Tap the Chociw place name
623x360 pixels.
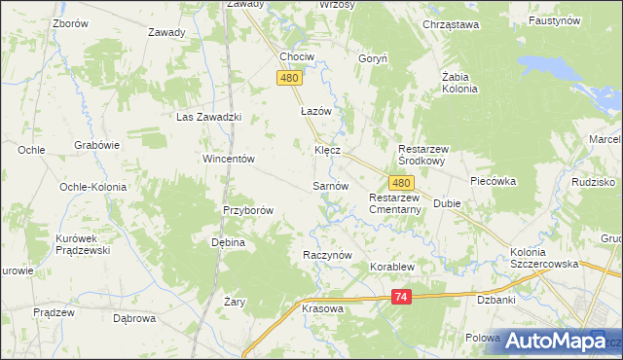(296, 56)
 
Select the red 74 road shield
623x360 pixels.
(401, 299)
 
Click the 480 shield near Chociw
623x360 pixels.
(289, 79)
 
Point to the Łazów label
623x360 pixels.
(316, 111)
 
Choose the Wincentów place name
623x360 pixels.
(228, 159)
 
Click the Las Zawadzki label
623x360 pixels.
(207, 117)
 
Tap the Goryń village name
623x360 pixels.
(374, 58)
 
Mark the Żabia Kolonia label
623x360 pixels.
(459, 82)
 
